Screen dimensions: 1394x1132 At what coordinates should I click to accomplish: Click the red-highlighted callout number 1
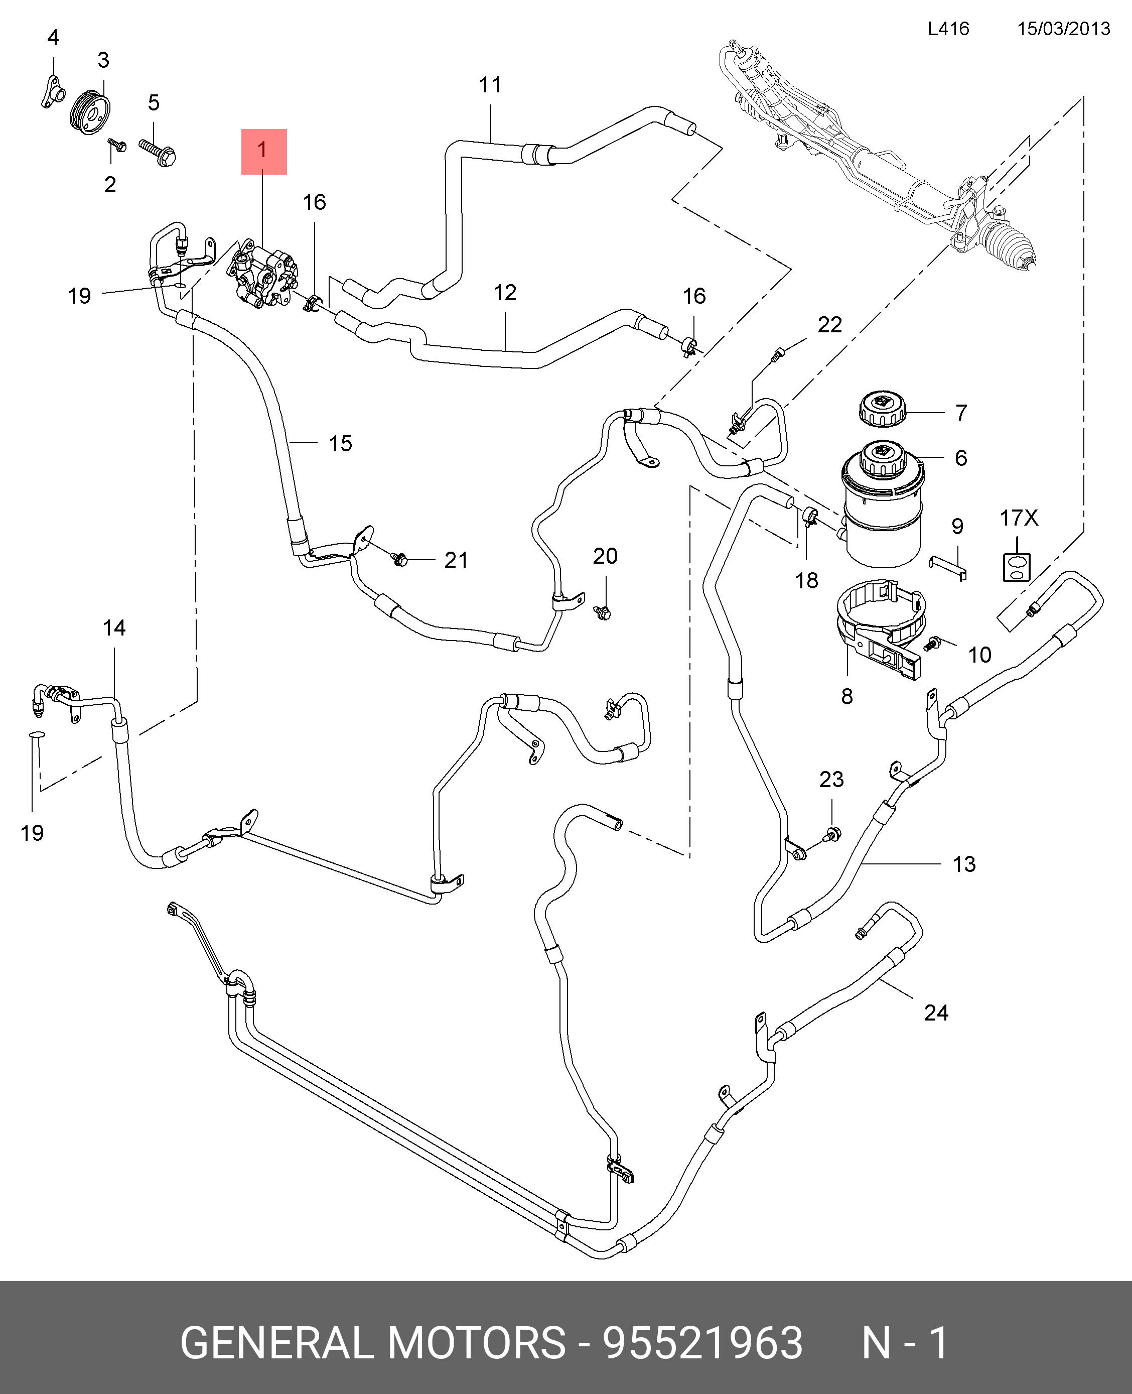(263, 151)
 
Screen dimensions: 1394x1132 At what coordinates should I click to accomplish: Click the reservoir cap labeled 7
(880, 409)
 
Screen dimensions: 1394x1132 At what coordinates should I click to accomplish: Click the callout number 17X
(1019, 518)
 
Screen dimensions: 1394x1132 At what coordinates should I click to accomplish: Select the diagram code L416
(949, 29)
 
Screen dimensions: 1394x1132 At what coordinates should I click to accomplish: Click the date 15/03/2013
(1064, 29)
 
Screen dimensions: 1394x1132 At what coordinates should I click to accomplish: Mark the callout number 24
(936, 1012)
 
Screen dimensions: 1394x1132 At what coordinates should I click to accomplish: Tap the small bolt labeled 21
(400, 558)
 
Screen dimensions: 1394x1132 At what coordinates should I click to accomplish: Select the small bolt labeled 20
(603, 612)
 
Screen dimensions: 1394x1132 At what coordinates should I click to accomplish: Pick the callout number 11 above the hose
(490, 85)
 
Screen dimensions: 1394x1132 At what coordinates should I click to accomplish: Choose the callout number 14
(114, 627)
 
